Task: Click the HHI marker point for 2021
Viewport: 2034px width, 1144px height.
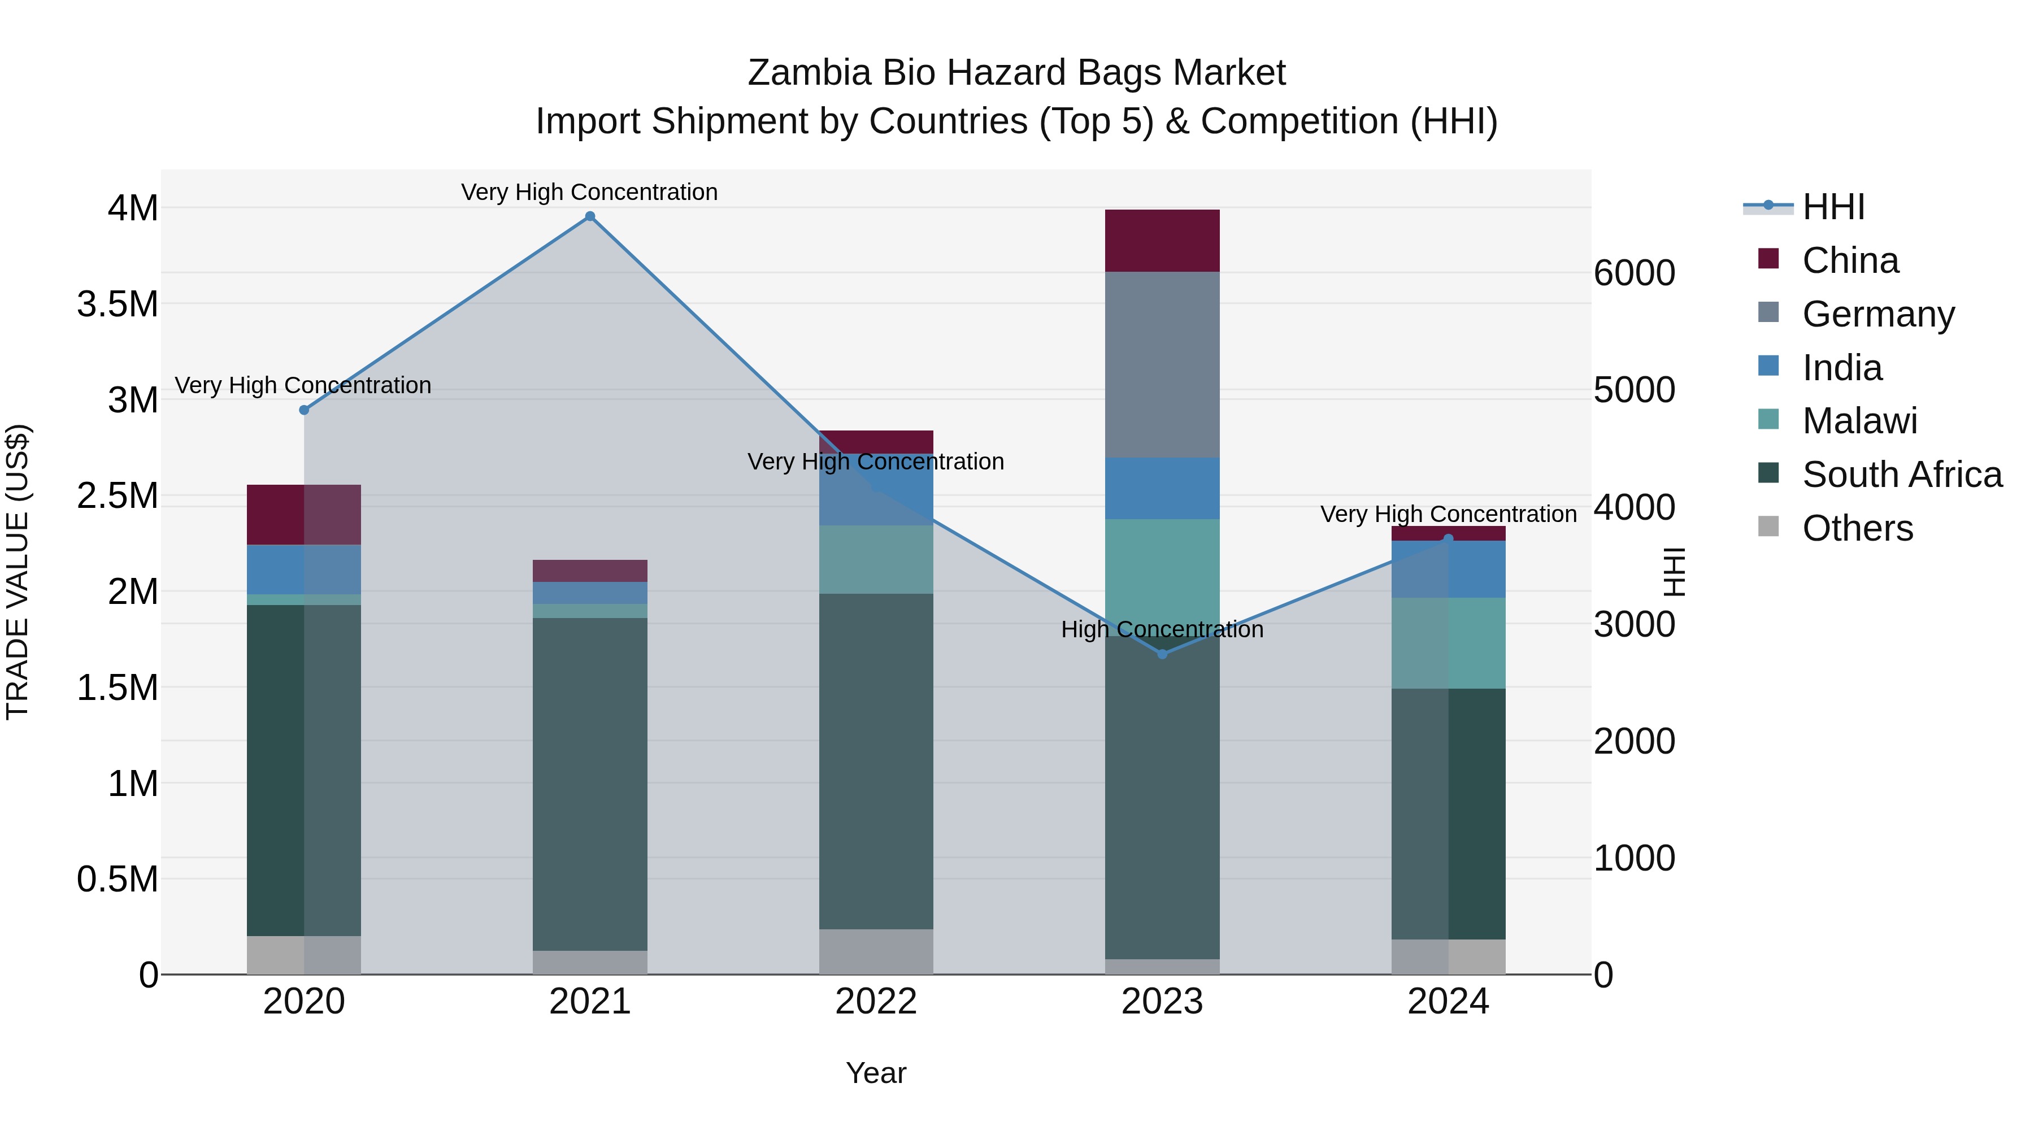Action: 590,216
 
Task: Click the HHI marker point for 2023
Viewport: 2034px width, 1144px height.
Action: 1162,654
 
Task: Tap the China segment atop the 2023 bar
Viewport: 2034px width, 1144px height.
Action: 1162,241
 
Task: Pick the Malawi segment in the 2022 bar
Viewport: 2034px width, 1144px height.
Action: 876,559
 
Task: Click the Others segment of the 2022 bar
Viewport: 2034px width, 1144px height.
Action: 876,951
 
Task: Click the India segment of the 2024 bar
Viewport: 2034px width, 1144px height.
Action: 1448,569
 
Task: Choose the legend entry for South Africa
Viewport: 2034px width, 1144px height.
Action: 1901,475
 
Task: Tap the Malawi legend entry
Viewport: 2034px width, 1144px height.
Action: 1859,421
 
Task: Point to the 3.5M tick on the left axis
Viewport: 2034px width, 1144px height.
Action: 118,304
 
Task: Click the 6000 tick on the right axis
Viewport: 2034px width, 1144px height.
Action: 1633,273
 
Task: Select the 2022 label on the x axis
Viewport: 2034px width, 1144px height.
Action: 876,1002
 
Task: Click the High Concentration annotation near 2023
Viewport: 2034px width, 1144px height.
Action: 1162,629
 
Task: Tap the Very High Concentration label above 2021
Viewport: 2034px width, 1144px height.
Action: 590,192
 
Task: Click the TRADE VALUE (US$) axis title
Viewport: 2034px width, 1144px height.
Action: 18,572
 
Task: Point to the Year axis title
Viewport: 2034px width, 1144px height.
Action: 876,1073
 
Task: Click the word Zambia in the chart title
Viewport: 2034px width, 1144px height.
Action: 809,73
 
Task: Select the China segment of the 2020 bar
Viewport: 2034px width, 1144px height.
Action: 304,515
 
